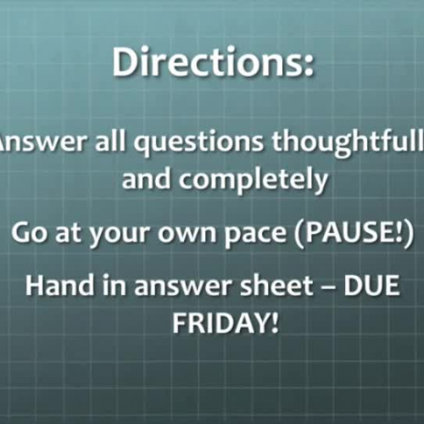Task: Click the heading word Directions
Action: pos(204,64)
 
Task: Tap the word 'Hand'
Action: pos(56,287)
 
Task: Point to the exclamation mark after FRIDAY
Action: pos(274,323)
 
